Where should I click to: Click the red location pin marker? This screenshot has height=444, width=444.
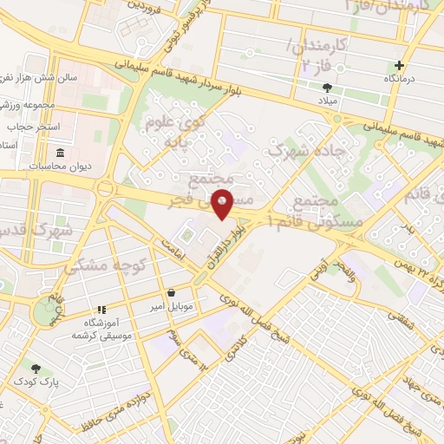[223, 203]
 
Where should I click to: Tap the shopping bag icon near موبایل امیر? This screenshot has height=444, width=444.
[171, 292]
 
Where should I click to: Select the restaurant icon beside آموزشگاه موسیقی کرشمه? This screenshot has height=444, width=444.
[101, 310]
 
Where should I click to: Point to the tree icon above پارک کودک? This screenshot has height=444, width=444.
[36, 369]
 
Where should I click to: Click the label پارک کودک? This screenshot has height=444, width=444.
[33, 382]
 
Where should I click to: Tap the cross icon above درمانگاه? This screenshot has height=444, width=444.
[399, 66]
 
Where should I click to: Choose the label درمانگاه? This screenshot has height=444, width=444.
[402, 78]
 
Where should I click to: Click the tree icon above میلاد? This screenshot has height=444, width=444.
[327, 88]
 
